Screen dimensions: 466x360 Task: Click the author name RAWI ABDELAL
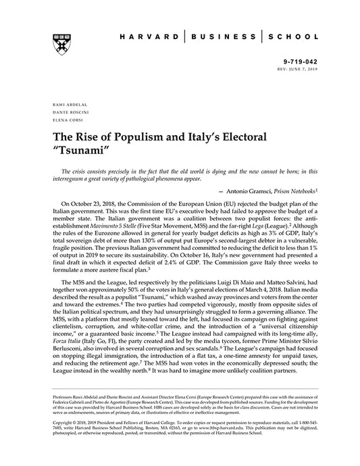pyautogui.click(x=66, y=106)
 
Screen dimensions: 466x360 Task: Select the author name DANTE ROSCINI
pyautogui.click(x=66, y=113)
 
